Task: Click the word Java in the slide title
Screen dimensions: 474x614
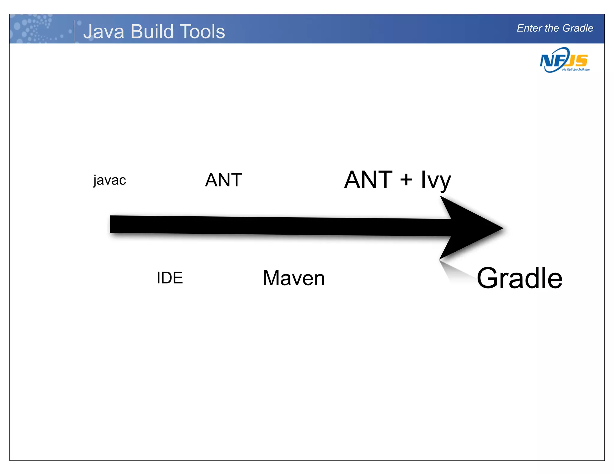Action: [x=103, y=31]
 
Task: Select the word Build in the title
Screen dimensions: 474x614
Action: [x=152, y=31]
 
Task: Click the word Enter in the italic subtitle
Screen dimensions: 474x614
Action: [x=529, y=28]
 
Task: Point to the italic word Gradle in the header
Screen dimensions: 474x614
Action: [x=578, y=28]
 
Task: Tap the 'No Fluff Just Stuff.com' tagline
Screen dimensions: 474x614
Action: [x=576, y=70]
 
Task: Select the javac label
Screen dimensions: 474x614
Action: [x=109, y=180]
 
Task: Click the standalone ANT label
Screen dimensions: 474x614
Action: [x=223, y=180]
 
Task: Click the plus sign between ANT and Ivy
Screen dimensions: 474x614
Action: [x=406, y=180]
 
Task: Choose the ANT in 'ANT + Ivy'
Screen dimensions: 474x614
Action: [x=368, y=180]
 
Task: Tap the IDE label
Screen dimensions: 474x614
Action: [x=170, y=278]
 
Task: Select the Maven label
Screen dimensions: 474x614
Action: [x=294, y=278]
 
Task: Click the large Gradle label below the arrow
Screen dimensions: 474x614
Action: [x=519, y=278]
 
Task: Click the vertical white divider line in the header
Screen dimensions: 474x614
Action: [x=74, y=31]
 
